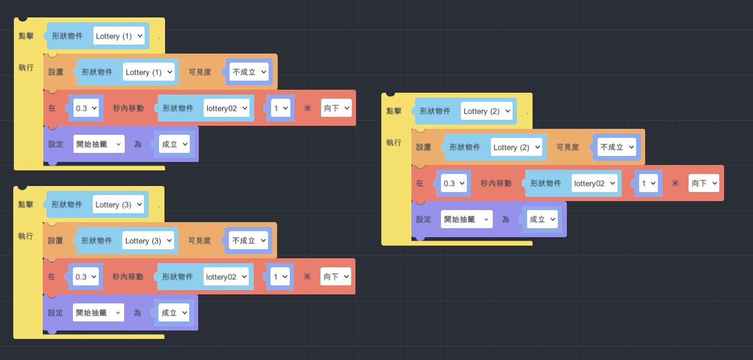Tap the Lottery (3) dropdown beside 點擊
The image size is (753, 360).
pos(119,205)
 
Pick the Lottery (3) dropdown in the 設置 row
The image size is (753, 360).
pos(148,241)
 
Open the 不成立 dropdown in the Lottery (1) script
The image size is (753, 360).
pos(249,72)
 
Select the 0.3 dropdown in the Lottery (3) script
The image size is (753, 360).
pos(86,277)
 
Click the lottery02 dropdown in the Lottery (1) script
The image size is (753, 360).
pos(226,108)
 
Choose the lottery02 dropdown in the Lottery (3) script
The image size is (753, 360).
pos(225,277)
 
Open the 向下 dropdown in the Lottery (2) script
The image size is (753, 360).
pos(704,184)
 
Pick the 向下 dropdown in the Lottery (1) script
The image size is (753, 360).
pos(336,108)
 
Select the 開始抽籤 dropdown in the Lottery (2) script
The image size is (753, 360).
pos(467,220)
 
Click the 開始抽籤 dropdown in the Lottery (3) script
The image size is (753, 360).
pos(98,313)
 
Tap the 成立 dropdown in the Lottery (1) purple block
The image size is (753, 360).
pos(173,144)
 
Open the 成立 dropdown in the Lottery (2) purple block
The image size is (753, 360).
pos(542,220)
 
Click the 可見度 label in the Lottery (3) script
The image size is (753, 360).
pos(199,241)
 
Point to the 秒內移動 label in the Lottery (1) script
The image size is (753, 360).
pos(128,108)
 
